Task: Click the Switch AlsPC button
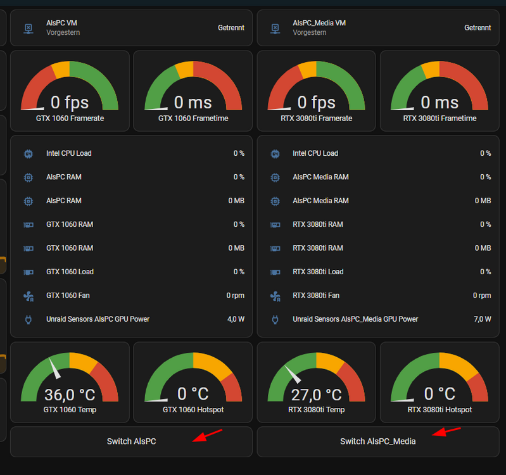[x=131, y=441]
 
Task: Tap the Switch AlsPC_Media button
[x=378, y=441]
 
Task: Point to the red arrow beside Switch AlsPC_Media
[x=446, y=431]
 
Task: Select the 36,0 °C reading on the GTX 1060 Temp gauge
[x=70, y=395]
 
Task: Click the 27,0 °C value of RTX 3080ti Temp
[x=316, y=395]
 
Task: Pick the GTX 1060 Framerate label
[x=70, y=118]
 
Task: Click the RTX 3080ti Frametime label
[x=440, y=118]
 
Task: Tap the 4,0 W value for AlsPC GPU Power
[x=236, y=319]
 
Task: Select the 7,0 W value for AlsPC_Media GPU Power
[x=483, y=319]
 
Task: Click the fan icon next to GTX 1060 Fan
[x=28, y=296]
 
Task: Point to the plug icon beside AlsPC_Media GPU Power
[x=275, y=319]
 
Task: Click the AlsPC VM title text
[x=61, y=23]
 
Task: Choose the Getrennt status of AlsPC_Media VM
[x=478, y=28]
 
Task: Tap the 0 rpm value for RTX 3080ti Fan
[x=482, y=296]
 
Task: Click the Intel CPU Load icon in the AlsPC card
[x=28, y=154]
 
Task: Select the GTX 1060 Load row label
[x=70, y=272]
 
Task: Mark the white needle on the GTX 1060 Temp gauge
[x=54, y=367]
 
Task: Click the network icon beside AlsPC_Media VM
[x=275, y=28]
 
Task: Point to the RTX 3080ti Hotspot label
[x=440, y=410]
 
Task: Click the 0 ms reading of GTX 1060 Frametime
[x=193, y=103]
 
